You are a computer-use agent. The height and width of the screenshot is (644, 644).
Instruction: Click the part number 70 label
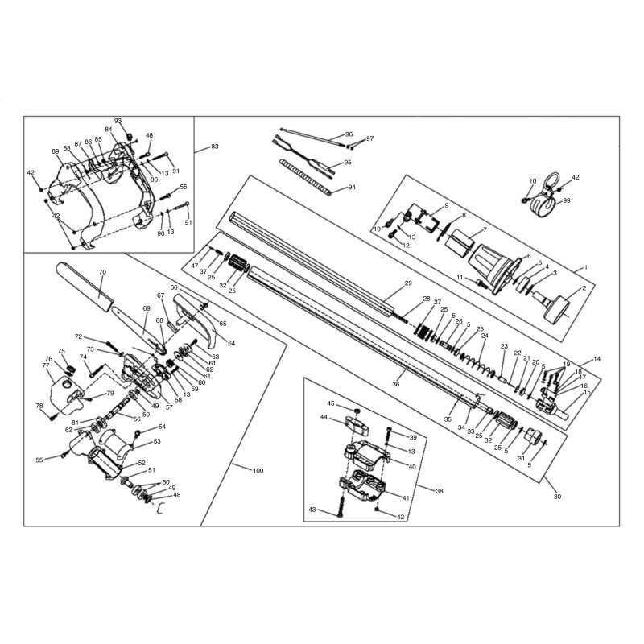click(103, 272)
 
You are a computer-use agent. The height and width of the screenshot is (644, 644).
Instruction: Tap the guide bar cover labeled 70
click(84, 286)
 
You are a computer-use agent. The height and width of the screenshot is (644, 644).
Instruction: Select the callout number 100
click(258, 471)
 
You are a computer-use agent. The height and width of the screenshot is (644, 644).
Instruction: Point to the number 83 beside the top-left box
click(214, 147)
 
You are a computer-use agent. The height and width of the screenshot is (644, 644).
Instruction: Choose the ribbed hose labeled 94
click(306, 177)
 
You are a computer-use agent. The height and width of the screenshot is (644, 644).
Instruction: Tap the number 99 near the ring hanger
click(567, 200)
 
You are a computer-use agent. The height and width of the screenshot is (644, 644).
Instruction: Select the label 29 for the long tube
click(408, 283)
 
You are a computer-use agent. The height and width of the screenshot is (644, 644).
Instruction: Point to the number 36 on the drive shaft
click(395, 384)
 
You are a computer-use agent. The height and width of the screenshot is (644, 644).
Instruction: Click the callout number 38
click(439, 491)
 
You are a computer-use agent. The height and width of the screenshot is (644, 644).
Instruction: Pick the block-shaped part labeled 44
click(356, 426)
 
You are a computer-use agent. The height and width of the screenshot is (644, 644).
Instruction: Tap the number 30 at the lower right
click(557, 497)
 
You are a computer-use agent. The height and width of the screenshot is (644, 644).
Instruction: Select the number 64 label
click(231, 343)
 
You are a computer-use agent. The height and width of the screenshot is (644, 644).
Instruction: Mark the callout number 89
click(56, 151)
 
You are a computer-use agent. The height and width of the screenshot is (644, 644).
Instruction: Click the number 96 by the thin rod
click(349, 134)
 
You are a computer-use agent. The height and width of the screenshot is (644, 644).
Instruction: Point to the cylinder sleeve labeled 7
click(460, 242)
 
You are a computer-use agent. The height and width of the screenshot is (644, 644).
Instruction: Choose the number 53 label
click(157, 441)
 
